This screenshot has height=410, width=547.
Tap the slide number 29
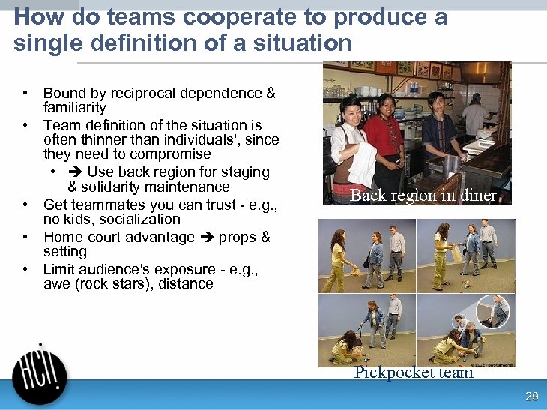[x=532, y=397]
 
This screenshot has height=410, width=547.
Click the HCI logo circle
[x=40, y=378]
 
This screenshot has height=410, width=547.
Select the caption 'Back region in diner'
[x=423, y=196]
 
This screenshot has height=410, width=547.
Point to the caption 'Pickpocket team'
[x=414, y=373]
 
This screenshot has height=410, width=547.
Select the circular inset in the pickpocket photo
[x=493, y=312]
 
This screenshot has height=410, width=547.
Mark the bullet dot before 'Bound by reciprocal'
[x=25, y=94]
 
